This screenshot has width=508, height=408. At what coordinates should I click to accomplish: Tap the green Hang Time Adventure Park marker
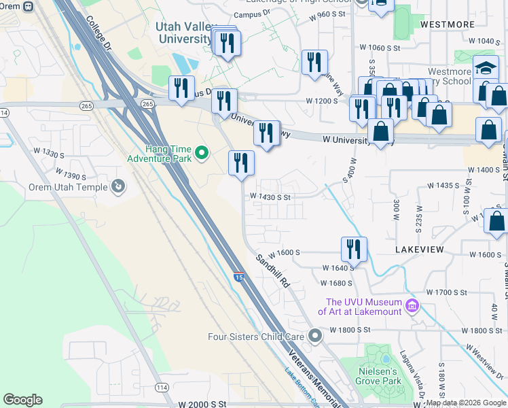click(201, 153)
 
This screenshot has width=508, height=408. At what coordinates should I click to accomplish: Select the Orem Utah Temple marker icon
click(117, 186)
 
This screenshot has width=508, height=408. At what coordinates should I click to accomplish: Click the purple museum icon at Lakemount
click(411, 306)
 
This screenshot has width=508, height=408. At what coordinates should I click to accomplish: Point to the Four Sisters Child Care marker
click(314, 336)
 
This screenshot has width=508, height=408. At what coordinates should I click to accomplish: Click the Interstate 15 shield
click(238, 276)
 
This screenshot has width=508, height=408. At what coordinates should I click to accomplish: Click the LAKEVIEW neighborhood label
click(419, 250)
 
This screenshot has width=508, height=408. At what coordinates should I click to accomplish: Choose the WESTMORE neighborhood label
click(447, 24)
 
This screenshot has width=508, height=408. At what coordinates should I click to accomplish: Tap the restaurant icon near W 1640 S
click(354, 248)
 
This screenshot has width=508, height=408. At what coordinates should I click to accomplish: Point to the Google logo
click(22, 400)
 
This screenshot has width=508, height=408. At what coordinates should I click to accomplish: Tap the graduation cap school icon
click(486, 68)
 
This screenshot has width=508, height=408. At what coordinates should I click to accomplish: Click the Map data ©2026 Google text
click(466, 403)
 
